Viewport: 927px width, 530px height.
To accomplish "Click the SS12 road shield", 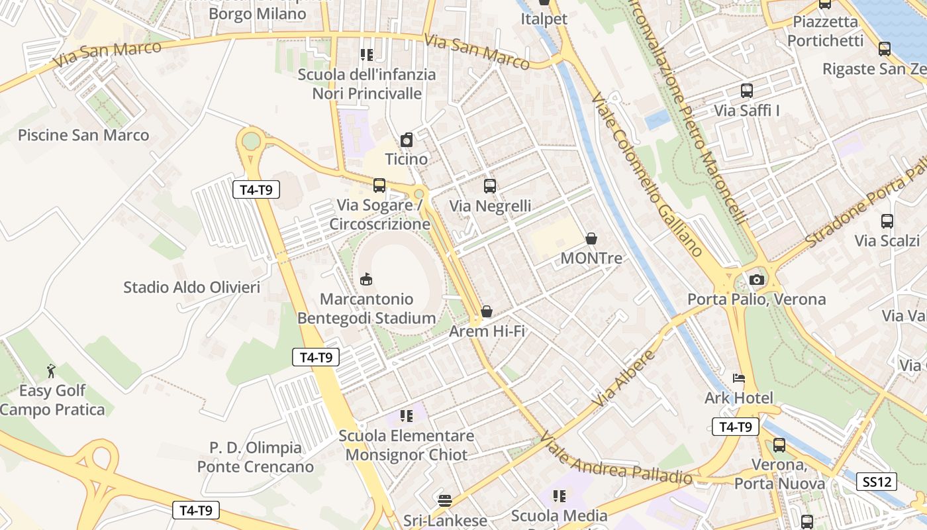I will pos(877,482).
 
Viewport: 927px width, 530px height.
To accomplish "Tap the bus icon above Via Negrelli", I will pos(490,186).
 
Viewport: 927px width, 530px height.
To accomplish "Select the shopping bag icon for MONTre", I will pos(591,238).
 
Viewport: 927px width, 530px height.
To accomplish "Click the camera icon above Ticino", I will pos(407,140).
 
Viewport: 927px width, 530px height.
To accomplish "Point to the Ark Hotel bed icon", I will pos(739,378).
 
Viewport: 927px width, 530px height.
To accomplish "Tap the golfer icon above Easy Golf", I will pos(51,371).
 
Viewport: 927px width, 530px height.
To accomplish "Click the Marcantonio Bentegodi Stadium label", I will pos(366,309).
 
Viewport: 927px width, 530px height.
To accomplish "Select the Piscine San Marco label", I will pos(83,135).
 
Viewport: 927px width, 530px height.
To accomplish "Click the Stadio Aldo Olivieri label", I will pos(192,288).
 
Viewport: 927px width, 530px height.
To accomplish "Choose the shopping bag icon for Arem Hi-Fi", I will pos(487,311).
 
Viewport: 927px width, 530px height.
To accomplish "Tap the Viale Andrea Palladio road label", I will pos(616,458).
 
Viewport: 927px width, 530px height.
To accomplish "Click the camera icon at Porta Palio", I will pos(757,280).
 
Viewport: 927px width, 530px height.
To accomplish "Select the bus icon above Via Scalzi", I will pos(887,221).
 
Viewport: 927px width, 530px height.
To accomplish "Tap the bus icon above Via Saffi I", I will pos(747,91).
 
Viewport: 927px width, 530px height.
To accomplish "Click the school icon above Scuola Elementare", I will pos(407,416).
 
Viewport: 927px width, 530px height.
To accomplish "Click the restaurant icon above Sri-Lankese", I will pos(445,500).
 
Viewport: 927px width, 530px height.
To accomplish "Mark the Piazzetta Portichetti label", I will pos(826,31).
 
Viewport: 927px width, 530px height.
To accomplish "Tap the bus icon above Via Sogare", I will pos(379,185).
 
